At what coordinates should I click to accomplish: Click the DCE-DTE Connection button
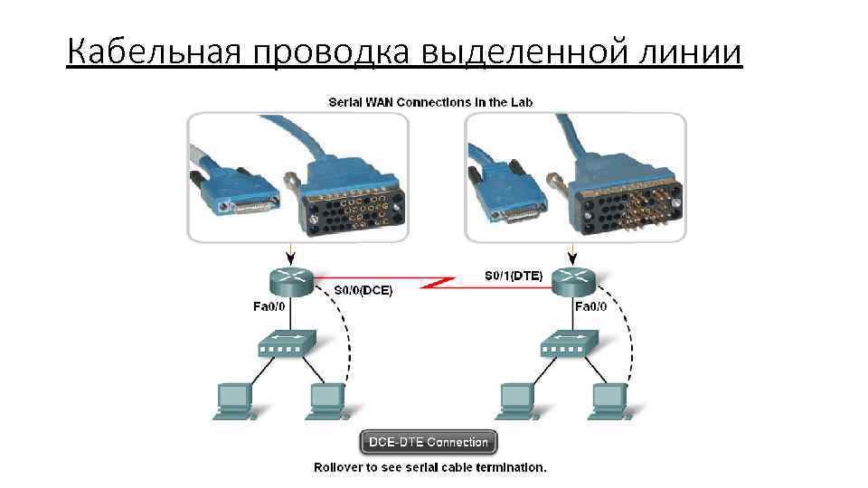[429, 442]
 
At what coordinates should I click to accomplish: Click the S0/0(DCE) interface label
[363, 290]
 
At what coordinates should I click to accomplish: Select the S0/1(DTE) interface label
[514, 277]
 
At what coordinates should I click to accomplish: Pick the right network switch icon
[568, 344]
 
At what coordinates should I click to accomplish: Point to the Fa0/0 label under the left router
[269, 306]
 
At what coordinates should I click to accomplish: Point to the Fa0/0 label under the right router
[591, 306]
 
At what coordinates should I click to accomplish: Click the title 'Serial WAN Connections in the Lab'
[429, 102]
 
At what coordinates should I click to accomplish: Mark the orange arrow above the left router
[288, 250]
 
